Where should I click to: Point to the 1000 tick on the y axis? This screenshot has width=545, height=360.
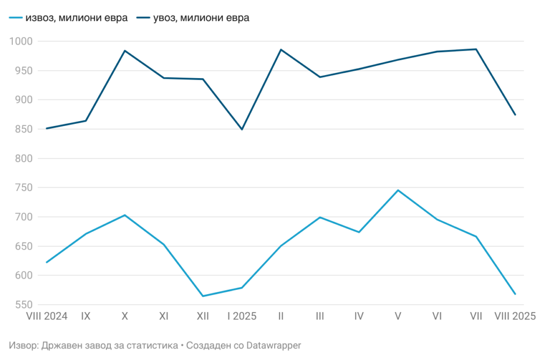click(x=21, y=41)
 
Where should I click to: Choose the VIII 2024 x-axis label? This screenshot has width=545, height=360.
click(x=47, y=316)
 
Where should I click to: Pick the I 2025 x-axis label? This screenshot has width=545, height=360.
click(x=242, y=316)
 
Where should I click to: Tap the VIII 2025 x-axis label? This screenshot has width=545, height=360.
click(x=515, y=316)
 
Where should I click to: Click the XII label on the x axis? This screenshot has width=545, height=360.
click(x=203, y=316)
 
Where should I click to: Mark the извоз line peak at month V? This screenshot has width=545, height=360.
click(x=398, y=190)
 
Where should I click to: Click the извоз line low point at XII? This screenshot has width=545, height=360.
click(x=203, y=296)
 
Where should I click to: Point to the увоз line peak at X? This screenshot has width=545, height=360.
click(x=125, y=51)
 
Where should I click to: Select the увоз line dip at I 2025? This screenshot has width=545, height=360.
click(x=242, y=129)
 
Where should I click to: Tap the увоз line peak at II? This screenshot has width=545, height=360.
click(x=281, y=49)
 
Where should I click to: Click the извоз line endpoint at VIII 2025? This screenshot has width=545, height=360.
click(x=515, y=294)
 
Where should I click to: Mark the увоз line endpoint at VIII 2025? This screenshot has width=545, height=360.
click(x=515, y=115)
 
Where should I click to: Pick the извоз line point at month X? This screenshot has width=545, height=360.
click(x=125, y=215)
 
